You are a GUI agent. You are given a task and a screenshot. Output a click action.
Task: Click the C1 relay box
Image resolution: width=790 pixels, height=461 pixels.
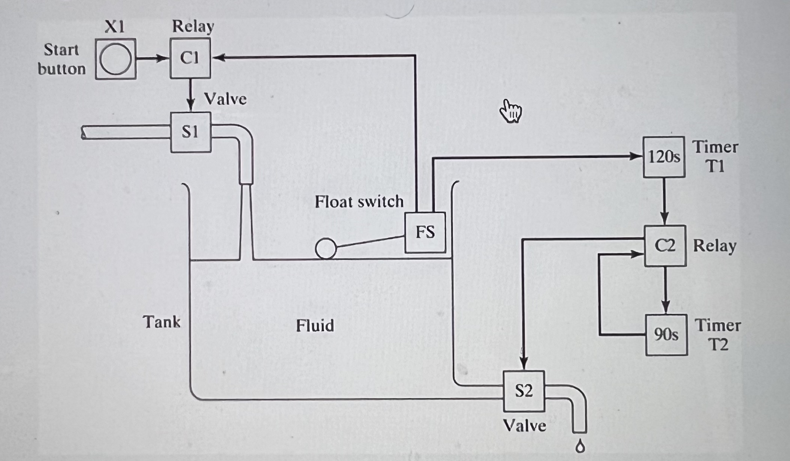pyautogui.click(x=190, y=58)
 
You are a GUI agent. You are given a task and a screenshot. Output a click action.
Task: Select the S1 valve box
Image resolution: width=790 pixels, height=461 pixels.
pyautogui.click(x=190, y=132)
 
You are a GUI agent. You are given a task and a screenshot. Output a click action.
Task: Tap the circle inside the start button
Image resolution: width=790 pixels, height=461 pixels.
pyautogui.click(x=115, y=59)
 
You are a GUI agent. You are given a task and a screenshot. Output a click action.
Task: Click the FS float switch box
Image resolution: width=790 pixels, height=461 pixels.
pyautogui.click(x=425, y=232)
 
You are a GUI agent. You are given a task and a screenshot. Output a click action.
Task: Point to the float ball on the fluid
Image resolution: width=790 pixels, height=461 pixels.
pyautogui.click(x=325, y=248)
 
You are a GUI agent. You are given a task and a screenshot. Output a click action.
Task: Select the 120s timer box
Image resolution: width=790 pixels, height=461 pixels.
pyautogui.click(x=664, y=157)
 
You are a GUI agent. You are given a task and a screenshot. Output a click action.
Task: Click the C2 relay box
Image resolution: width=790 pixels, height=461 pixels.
pyautogui.click(x=665, y=246)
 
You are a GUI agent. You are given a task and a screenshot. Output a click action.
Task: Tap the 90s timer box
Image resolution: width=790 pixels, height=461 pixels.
pyautogui.click(x=666, y=335)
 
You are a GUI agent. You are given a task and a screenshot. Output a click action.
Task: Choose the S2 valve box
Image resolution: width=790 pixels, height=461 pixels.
pyautogui.click(x=523, y=391)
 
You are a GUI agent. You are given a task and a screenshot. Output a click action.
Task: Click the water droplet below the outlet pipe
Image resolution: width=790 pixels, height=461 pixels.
pyautogui.click(x=580, y=447)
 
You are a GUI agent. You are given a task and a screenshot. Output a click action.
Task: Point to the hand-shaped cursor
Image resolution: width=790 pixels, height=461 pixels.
pyautogui.click(x=510, y=111)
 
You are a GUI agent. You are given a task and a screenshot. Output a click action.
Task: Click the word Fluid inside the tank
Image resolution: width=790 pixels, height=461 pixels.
pyautogui.click(x=314, y=326)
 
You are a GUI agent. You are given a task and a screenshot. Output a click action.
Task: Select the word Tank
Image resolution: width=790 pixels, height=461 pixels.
pyautogui.click(x=161, y=322)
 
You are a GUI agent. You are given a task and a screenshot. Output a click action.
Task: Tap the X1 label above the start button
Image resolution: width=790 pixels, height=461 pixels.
pyautogui.click(x=115, y=27)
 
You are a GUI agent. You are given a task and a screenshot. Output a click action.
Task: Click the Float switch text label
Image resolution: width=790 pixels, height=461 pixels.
pyautogui.click(x=359, y=202)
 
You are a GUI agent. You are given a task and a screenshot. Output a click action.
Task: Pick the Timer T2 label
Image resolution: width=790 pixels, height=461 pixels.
pyautogui.click(x=718, y=335)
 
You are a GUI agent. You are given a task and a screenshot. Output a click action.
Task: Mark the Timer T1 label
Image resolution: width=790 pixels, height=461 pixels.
pyautogui.click(x=715, y=156)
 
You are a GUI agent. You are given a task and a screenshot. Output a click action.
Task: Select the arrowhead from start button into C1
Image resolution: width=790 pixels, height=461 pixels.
pyautogui.click(x=162, y=58)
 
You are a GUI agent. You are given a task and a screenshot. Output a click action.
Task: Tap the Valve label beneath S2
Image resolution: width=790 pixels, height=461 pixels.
pyautogui.click(x=524, y=425)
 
